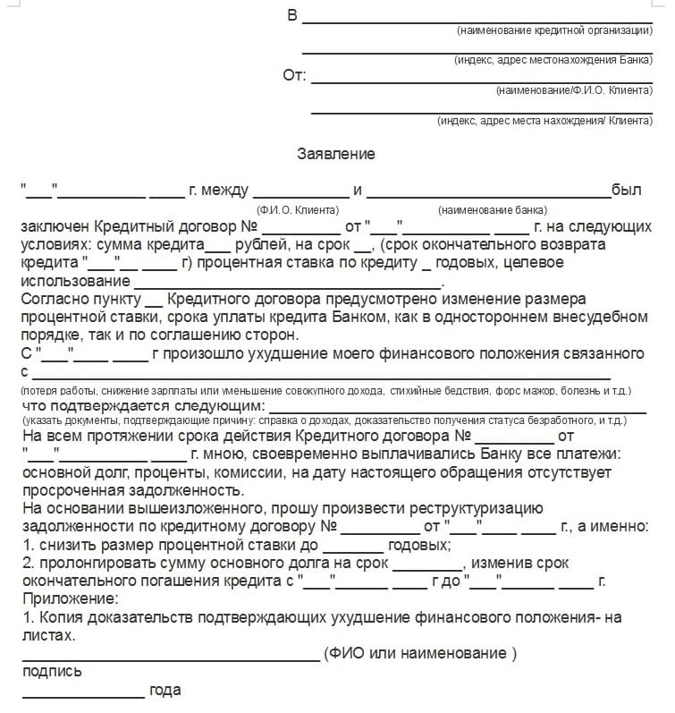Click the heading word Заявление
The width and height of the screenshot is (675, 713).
click(x=336, y=154)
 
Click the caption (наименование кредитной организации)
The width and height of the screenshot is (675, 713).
click(x=554, y=30)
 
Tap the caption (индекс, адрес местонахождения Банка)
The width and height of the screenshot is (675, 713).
click(x=553, y=60)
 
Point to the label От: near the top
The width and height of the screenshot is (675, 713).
click(x=294, y=75)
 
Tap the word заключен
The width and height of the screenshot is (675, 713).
click(x=55, y=227)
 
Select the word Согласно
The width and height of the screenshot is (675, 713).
click(x=52, y=299)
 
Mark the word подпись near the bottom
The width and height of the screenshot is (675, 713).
click(x=52, y=671)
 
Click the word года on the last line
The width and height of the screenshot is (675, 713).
click(x=165, y=690)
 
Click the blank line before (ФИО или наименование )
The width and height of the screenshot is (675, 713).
click(x=170, y=658)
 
